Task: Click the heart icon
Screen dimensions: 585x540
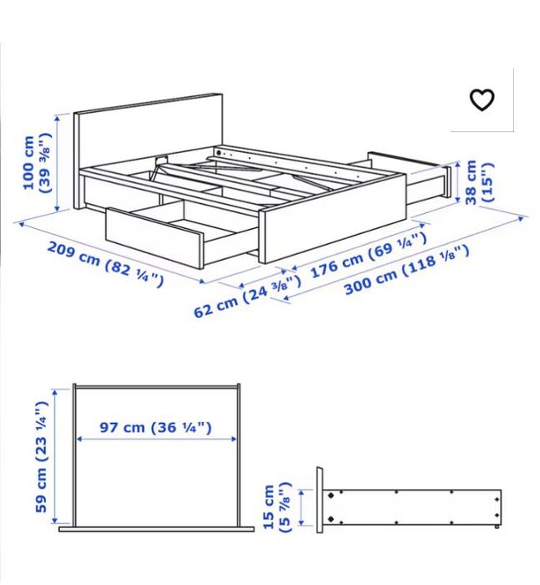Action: coord(482,100)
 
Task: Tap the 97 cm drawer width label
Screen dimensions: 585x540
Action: coord(155,428)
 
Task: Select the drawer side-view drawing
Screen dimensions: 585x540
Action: coord(409,506)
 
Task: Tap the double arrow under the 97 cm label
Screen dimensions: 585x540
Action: coord(155,440)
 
